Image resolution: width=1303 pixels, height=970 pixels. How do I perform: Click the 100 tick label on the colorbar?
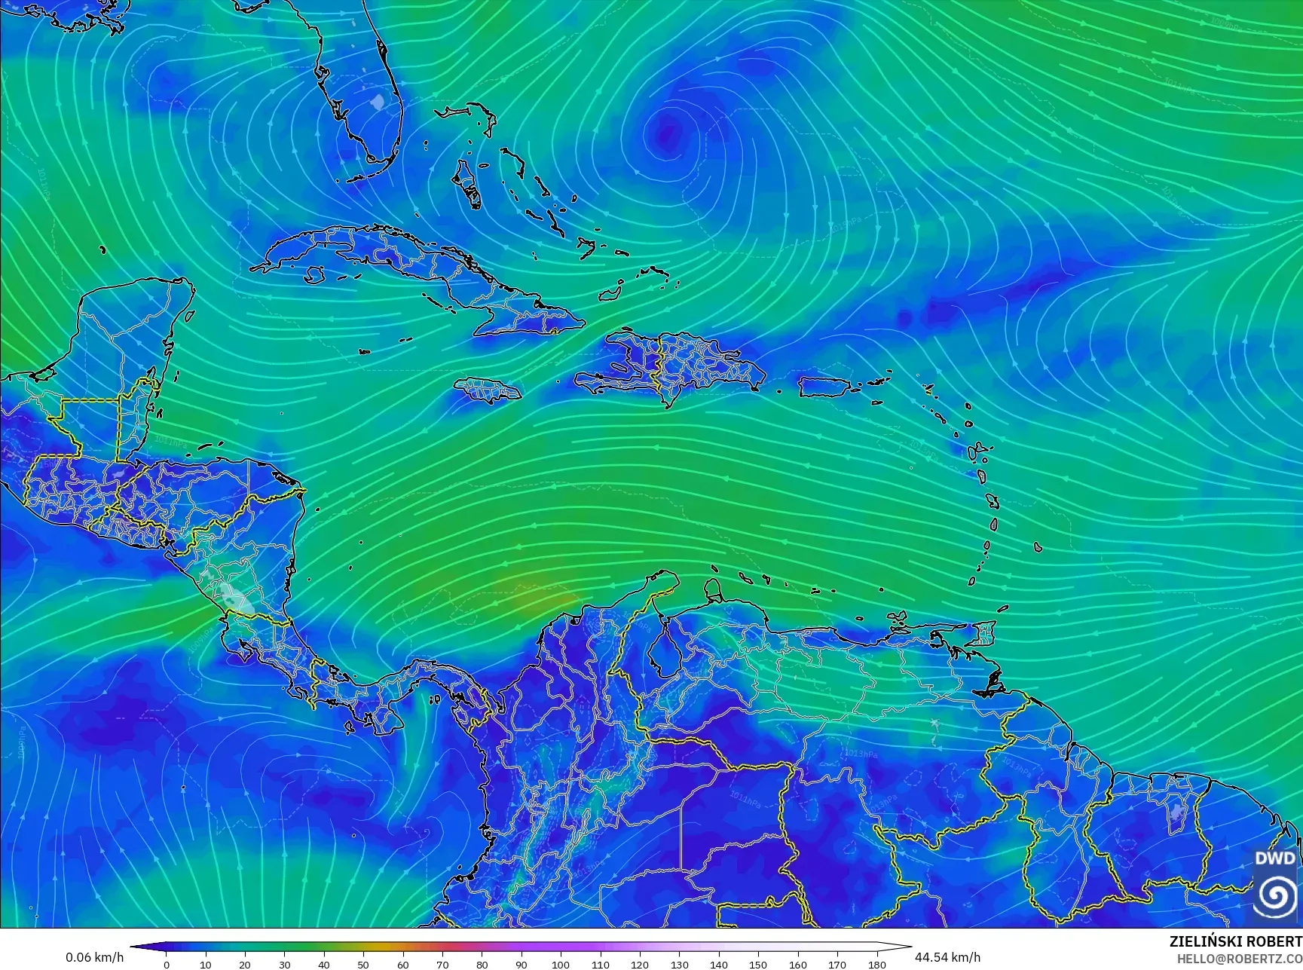point(560,964)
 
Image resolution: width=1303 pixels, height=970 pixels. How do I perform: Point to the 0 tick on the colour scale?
point(167,964)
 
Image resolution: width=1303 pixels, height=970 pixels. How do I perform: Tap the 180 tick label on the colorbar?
point(876,964)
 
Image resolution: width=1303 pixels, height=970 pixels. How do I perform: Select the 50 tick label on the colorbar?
point(363,964)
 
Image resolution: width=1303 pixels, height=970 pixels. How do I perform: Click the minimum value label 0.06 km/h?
point(95,957)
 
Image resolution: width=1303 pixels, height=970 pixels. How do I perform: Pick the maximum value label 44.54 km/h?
point(947,957)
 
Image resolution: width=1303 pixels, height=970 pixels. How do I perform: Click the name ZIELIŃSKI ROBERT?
point(1235,941)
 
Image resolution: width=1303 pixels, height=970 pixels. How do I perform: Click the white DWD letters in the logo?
point(1275,858)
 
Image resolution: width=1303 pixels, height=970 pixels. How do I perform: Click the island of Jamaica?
point(488,390)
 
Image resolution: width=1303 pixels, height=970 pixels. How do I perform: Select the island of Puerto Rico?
point(824,387)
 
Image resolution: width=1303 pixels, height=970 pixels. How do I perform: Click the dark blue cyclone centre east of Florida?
point(665,134)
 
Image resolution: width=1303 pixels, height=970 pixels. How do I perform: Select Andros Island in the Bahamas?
point(469,185)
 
